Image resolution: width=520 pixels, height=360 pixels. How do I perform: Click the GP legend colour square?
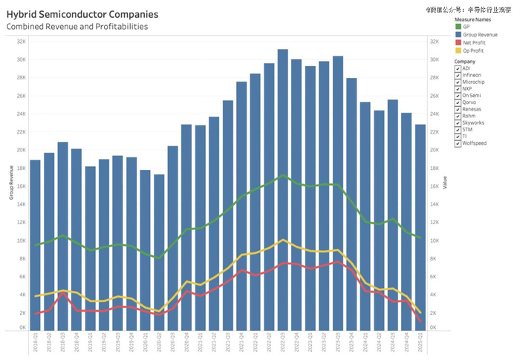tap(458, 27)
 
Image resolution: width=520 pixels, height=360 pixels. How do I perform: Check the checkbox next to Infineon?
tap(458, 75)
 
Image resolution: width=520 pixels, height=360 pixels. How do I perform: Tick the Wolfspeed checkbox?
tap(458, 143)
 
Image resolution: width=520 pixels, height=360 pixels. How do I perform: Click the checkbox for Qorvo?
tap(458, 102)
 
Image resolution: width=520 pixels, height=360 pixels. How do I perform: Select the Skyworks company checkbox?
tap(458, 122)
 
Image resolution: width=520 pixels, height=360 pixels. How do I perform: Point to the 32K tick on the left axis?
tap(22, 42)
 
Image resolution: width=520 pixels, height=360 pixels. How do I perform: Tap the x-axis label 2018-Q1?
tap(35, 344)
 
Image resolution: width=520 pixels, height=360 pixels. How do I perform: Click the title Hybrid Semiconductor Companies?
tap(82, 14)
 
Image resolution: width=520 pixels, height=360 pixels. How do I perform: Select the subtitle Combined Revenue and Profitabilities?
tap(77, 27)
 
